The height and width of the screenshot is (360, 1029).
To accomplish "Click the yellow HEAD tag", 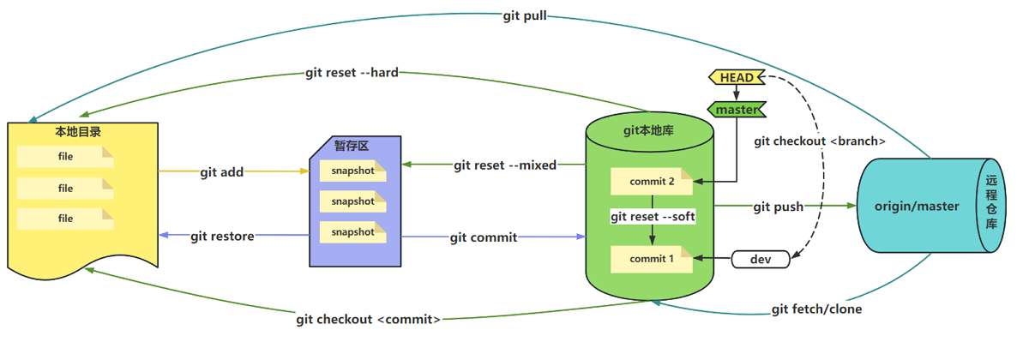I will click(x=736, y=78).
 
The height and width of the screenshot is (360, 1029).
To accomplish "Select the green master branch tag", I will click(x=737, y=110).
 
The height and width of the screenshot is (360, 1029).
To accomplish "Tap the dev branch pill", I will click(x=759, y=258).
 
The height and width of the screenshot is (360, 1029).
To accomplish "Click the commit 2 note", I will click(x=652, y=181).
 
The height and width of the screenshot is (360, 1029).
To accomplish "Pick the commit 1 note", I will click(x=652, y=259).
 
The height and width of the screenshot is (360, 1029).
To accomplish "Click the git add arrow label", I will click(x=222, y=172).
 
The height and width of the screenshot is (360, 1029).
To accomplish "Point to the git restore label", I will click(x=222, y=237).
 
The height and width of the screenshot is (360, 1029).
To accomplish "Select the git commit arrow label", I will click(x=484, y=237).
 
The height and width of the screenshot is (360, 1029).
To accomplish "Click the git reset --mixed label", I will click(x=505, y=165).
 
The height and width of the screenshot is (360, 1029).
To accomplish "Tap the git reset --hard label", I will click(x=352, y=73).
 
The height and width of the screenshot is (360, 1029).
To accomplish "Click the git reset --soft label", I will click(x=653, y=217).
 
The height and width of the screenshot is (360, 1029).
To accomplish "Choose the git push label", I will click(x=779, y=207).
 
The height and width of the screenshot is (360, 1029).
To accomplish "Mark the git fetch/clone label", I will click(x=816, y=309).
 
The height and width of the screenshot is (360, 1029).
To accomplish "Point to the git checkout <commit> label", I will click(x=369, y=320).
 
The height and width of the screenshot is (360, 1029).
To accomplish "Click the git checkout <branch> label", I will click(x=820, y=141).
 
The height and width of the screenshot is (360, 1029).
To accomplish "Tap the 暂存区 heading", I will click(x=352, y=146).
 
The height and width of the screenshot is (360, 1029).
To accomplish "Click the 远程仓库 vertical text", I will click(x=991, y=204).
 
